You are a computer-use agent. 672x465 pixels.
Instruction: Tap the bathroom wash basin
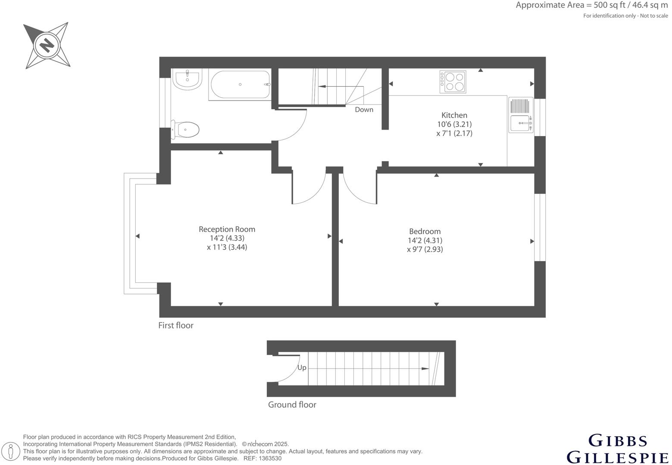(187, 80)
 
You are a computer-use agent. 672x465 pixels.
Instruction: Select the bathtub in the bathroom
(240, 85)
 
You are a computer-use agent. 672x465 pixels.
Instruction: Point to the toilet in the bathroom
(186, 129)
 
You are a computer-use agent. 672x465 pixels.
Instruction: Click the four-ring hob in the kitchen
(453, 82)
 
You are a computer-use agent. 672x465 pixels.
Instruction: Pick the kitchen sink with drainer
(521, 115)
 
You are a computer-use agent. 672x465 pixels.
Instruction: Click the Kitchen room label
(454, 115)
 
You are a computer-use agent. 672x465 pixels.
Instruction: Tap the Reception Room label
(227, 229)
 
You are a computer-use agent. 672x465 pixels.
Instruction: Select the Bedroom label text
(425, 231)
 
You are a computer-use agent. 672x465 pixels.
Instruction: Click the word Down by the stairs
(364, 109)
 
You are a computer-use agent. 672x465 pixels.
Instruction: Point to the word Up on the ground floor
(302, 367)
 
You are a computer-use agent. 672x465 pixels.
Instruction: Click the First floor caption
(175, 325)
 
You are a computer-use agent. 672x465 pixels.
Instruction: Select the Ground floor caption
(292, 405)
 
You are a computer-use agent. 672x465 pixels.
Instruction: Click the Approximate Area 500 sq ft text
(591, 6)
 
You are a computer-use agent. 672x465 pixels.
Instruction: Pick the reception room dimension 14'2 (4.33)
(227, 238)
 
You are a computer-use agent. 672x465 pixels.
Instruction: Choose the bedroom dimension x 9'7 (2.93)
(425, 249)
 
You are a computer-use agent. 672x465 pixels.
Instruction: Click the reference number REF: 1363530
(263, 459)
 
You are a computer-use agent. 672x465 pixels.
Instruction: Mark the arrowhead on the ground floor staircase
(425, 369)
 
